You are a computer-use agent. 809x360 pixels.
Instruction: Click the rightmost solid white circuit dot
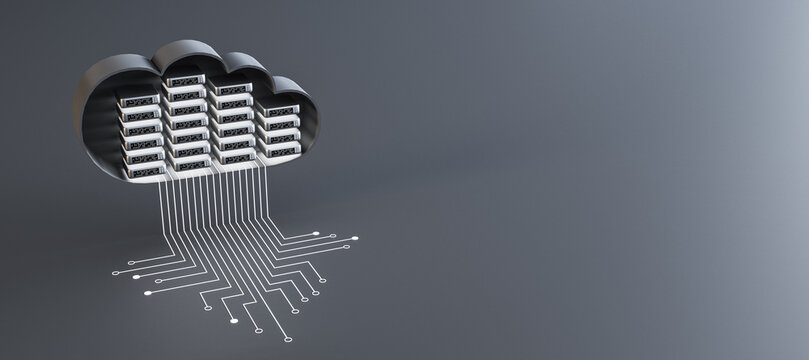point(355,238)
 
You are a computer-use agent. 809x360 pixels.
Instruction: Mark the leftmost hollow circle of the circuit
point(115,273)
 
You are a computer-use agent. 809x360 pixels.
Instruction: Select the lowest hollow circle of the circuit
point(288,339)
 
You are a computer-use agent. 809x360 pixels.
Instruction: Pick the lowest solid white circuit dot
point(234,321)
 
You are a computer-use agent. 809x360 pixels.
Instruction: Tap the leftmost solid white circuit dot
point(136,277)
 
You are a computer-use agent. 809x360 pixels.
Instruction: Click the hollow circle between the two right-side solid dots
point(333,236)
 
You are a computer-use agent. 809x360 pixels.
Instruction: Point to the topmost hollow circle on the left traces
point(131,263)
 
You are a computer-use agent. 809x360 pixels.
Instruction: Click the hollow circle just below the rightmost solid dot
point(346,247)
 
